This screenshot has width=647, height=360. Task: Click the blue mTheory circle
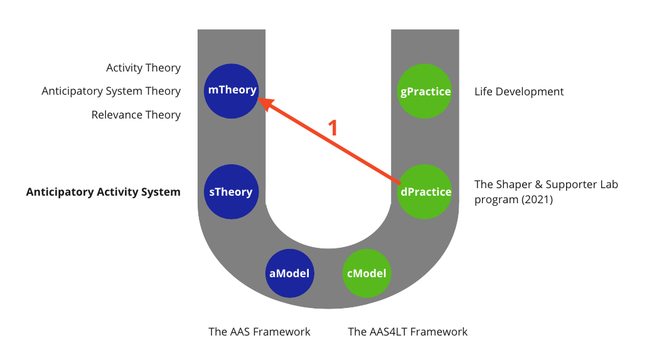pos(232,90)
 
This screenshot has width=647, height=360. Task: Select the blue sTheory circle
pos(232,192)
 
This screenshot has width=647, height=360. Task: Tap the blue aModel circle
pos(289,273)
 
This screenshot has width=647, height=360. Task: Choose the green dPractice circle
pos(425,192)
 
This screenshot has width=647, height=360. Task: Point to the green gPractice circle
pos(425,92)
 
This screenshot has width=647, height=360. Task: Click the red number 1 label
pos(333,128)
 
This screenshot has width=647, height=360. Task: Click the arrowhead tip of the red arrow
pos(261,100)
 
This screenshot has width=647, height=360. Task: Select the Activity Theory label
pos(143,68)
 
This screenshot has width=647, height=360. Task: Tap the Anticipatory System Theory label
pos(111,91)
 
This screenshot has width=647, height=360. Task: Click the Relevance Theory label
pos(136,115)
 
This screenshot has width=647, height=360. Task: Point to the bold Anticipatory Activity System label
pos(103,192)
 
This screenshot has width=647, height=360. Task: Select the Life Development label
pos(519,92)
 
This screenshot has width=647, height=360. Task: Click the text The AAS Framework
pos(259,331)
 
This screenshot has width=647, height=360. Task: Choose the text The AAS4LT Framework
pos(408,331)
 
